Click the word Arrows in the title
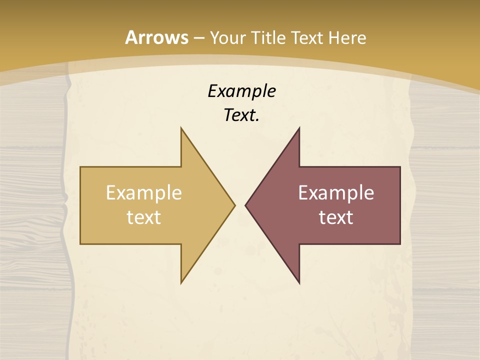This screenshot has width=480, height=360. [156, 37]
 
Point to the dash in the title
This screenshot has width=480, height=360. [198, 38]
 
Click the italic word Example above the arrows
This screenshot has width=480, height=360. [242, 91]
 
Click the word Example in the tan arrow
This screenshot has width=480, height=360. [144, 193]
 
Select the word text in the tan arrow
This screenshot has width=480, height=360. [144, 217]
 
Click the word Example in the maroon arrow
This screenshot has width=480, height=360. [336, 193]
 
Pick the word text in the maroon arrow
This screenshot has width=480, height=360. [336, 217]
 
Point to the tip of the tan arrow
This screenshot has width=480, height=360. [234, 205]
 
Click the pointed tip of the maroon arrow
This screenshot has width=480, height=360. [245, 205]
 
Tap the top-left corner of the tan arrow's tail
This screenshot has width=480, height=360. [81, 167]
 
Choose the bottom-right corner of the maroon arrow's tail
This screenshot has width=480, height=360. [399, 243]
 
